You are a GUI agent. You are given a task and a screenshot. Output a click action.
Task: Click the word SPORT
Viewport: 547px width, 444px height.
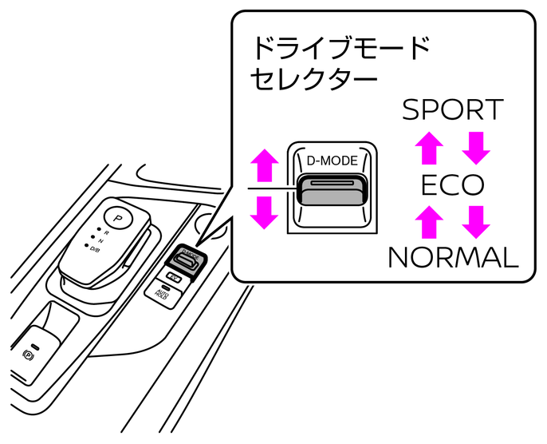coord(453,110)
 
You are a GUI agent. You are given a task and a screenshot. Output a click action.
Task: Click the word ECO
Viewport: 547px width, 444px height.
coord(452,185)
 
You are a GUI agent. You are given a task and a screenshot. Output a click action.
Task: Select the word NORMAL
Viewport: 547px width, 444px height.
coord(453,257)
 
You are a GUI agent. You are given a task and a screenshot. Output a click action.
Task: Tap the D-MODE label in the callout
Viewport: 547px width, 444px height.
coord(332,160)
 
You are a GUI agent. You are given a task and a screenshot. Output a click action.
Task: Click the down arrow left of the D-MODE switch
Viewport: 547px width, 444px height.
coord(265,212)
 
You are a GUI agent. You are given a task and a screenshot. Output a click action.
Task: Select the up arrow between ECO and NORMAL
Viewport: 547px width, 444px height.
coord(430,221)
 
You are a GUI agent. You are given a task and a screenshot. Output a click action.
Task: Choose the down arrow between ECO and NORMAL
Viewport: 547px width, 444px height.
coord(476,221)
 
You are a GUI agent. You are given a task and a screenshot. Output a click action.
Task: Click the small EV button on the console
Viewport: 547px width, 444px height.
coord(174,279)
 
